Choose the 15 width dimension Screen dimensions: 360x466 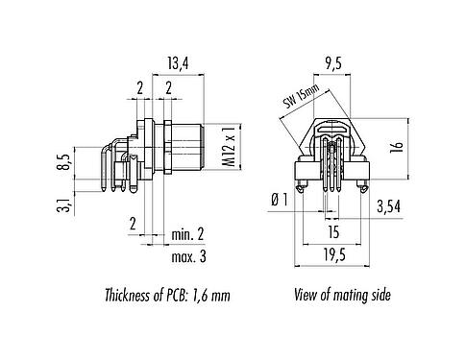pyautogui.click(x=331, y=230)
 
